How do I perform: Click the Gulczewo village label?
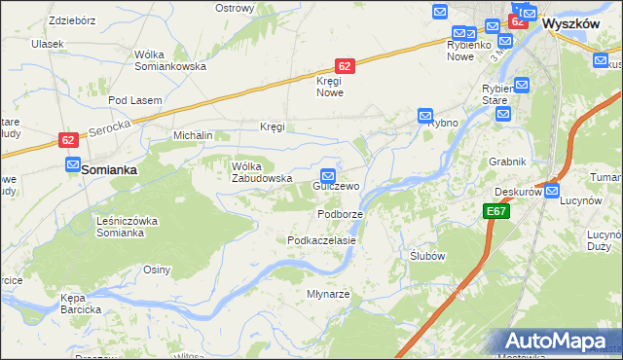click(x=336, y=185)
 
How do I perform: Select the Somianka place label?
click(x=108, y=169)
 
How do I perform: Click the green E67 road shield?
click(x=495, y=210)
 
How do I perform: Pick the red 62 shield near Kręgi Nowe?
click(x=345, y=65)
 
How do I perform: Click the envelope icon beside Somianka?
click(x=73, y=165)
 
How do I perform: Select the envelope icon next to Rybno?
click(x=425, y=116)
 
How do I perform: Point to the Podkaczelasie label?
click(x=321, y=239)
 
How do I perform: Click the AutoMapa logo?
click(x=563, y=341)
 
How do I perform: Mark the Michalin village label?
click(x=193, y=135)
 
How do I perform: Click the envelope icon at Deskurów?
click(x=552, y=191)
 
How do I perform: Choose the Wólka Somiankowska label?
click(x=170, y=60)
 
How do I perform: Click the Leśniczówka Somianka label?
click(x=128, y=227)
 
